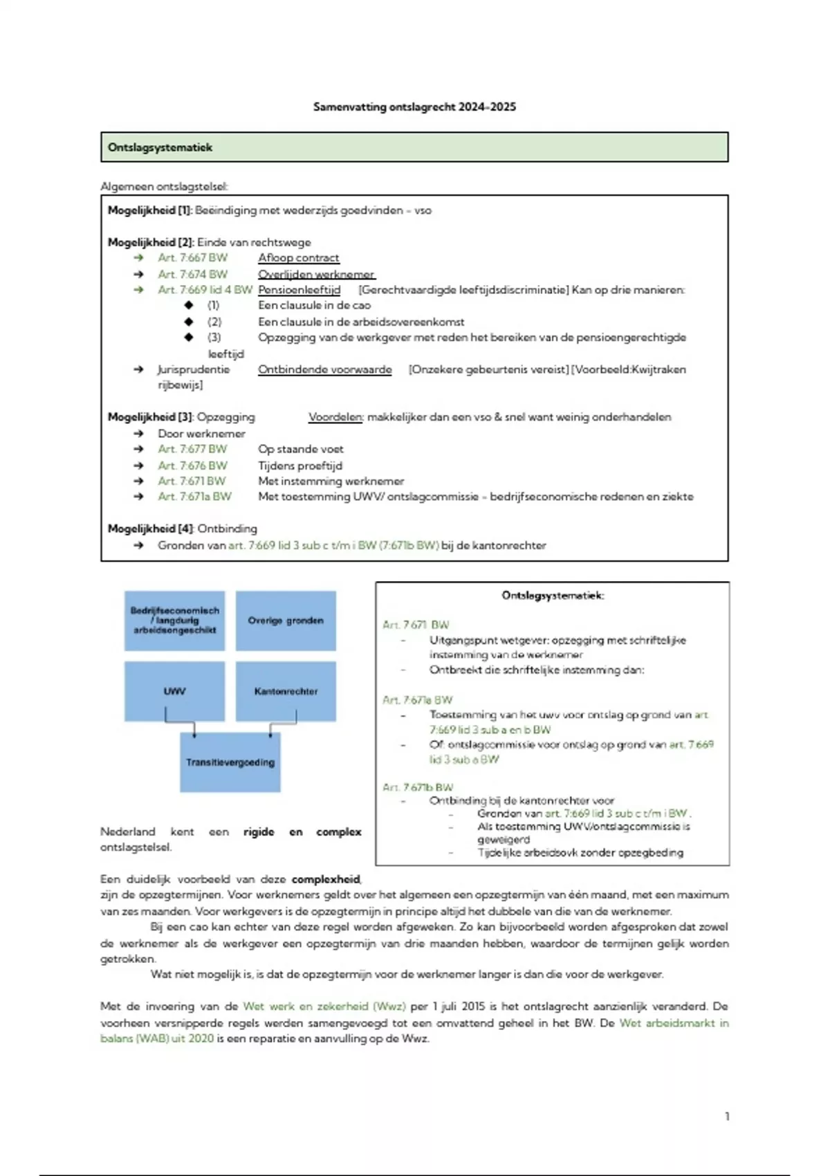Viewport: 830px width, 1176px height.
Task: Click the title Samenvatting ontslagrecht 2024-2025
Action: click(414, 107)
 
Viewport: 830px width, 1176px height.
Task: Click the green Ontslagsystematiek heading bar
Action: click(414, 147)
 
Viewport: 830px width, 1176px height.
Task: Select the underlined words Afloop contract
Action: click(298, 258)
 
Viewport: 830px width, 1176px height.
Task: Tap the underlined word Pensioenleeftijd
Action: click(299, 290)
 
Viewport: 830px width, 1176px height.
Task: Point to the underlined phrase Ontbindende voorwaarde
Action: click(324, 369)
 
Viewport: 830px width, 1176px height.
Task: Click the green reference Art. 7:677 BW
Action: click(192, 449)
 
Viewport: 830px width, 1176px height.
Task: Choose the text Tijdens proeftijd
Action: click(300, 466)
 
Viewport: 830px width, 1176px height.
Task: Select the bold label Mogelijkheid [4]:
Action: click(151, 529)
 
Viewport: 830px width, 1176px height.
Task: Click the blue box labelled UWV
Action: click(174, 691)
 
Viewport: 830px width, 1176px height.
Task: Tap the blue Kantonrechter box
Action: click(286, 691)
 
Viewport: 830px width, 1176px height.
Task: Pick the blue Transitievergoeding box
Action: click(230, 762)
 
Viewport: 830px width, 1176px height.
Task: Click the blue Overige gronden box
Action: click(286, 621)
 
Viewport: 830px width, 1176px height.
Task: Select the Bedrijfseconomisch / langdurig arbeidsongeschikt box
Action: click(174, 621)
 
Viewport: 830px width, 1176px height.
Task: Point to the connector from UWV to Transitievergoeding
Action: click(180, 723)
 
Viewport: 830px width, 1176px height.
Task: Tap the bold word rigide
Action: click(259, 832)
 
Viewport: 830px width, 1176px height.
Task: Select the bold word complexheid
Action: click(326, 879)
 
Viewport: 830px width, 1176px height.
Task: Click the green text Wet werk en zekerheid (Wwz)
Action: click(324, 1007)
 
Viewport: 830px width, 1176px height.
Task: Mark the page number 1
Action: click(727, 1116)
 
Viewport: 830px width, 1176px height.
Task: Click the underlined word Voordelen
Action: click(335, 417)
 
